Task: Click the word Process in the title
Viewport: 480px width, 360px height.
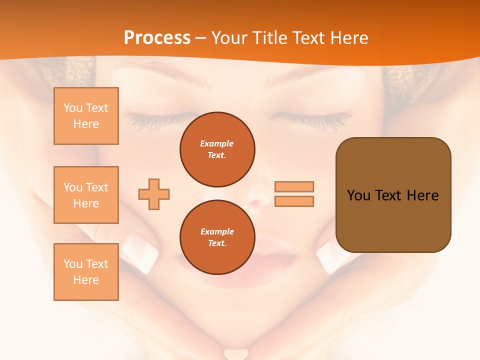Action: pos(157,38)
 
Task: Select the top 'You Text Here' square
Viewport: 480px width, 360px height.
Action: pos(86,116)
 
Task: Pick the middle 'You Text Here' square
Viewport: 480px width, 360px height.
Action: pos(86,195)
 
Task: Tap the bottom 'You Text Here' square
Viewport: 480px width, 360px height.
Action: pos(86,272)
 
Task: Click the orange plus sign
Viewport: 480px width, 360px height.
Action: pos(154,194)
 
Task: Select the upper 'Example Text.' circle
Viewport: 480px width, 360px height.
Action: pos(217,149)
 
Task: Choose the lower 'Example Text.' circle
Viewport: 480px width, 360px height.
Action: pos(217,237)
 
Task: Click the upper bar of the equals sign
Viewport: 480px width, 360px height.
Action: pos(294,186)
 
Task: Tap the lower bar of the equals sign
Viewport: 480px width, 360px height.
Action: pos(294,201)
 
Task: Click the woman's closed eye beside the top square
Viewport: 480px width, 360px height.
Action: pos(150,119)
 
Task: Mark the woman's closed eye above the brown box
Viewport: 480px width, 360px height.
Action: pos(320,119)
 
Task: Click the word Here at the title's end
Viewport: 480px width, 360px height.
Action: pos(349,38)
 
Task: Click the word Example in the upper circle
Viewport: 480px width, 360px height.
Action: pos(217,143)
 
